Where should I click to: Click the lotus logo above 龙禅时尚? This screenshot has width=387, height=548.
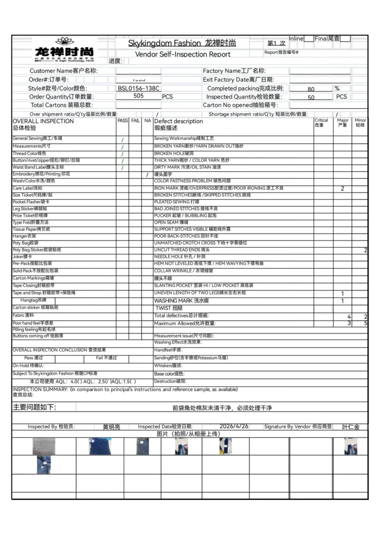tap(64, 41)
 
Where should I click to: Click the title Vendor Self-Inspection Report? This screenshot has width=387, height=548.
tap(183, 54)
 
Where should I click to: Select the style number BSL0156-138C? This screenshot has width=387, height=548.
tap(138, 88)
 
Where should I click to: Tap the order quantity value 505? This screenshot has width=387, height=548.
tap(138, 96)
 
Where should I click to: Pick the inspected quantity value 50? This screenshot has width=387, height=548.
tap(311, 98)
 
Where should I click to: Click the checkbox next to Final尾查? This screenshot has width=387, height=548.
tap(345, 39)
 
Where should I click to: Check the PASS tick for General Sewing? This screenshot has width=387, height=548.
tap(122, 140)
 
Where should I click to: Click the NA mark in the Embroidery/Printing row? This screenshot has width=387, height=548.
tap(148, 174)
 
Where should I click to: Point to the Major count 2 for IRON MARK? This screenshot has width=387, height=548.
tap(343, 189)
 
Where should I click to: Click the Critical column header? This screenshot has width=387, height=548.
tap(321, 123)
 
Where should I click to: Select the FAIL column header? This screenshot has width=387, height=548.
tap(136, 121)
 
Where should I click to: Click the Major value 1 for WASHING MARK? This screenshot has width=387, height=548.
tap(343, 301)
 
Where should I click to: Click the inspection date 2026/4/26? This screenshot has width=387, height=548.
tap(234, 427)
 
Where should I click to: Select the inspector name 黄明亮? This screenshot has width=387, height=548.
tap(112, 427)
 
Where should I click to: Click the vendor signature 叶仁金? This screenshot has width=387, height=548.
tap(351, 427)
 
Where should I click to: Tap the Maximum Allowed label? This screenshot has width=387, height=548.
tap(184, 323)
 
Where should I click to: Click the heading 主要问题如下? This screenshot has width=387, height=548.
tap(34, 407)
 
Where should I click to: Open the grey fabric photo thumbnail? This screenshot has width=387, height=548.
tap(44, 446)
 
